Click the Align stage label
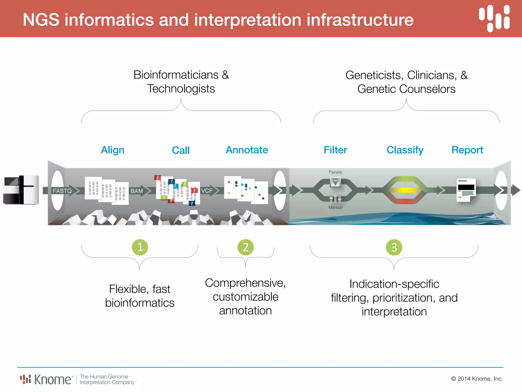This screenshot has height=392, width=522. point(113,150)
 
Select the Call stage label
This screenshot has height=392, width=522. point(181,150)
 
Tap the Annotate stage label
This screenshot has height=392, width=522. point(247,150)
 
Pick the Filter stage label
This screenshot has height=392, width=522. point(335,150)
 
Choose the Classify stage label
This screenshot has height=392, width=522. point(405,150)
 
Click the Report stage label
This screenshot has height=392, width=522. point(467,150)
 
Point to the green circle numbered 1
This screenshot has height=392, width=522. point(140,247)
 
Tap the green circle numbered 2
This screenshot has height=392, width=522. point(245,247)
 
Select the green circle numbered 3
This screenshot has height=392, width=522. point(394,247)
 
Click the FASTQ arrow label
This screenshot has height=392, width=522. point(62,191)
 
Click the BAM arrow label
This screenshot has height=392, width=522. point(137,191)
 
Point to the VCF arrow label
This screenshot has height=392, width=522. point(207,191)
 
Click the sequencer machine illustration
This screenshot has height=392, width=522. point(21,190)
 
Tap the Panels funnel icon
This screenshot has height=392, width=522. point(335,182)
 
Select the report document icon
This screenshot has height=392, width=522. point(466,190)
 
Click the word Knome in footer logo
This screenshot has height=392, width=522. point(53,379)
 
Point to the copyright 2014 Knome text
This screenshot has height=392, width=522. point(477,379)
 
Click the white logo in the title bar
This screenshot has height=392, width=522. point(494,19)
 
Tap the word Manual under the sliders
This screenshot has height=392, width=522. point(335,207)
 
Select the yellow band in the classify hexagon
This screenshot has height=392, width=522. point(405,190)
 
